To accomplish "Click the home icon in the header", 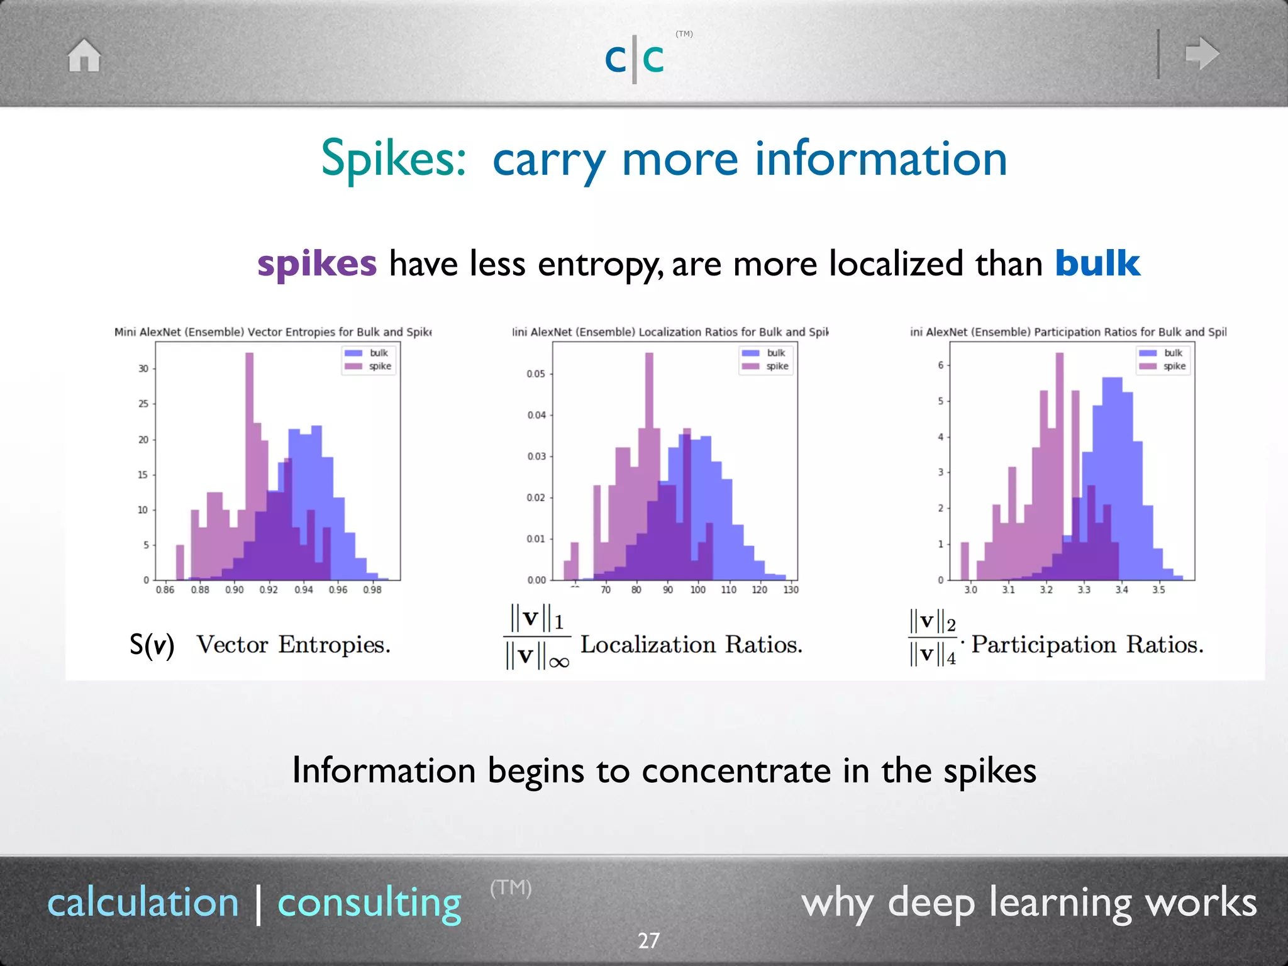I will pos(84,55).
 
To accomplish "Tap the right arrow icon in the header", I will pos(1202,53).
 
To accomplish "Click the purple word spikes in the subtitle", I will pos(317,264).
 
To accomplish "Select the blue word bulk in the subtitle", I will pos(1097,264).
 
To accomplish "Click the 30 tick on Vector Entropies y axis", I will pos(143,369).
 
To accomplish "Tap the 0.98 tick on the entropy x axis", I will pos(372,590).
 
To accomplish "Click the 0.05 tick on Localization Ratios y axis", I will pos(536,374).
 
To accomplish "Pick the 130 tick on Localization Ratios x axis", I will pos(791,590).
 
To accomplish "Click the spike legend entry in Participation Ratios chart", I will pos(1164,366).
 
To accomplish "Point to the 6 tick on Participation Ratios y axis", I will pos(941,365).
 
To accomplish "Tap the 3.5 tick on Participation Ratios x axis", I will pos(1158,590).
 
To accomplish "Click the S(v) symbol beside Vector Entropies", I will pos(152,645).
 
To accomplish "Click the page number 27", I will pos(648,940).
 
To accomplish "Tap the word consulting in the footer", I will pos(369,903).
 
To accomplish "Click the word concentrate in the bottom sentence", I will pos(736,770).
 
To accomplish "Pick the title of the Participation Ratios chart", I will pos(1068,332).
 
